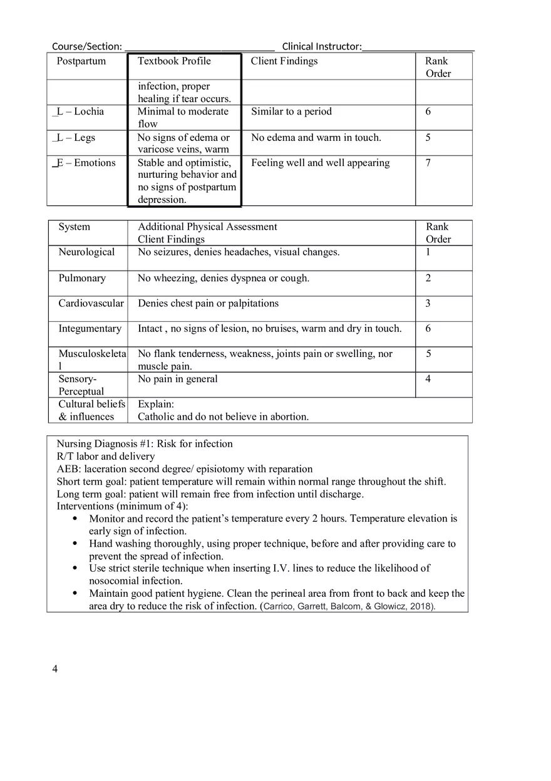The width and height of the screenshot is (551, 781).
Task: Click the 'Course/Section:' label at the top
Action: [86, 46]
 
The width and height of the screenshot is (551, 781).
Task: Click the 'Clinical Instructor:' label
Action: [322, 46]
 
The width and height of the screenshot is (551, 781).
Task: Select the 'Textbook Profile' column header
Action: [174, 61]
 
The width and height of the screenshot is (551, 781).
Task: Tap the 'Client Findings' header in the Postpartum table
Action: [284, 61]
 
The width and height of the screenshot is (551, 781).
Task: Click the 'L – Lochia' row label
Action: [80, 111]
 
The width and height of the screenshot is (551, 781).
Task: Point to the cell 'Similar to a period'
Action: [291, 111]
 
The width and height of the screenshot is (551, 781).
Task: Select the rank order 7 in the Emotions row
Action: [428, 163]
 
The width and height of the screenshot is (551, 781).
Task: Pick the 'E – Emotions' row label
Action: [86, 163]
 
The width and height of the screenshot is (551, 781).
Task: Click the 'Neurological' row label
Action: [86, 252]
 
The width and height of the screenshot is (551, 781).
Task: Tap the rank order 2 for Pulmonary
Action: [428, 278]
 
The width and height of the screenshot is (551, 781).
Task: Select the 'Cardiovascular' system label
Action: [91, 303]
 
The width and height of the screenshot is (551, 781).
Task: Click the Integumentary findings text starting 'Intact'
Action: [269, 328]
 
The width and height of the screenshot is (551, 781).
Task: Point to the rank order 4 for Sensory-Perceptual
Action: [428, 379]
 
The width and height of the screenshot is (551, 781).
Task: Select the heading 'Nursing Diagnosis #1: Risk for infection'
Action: [145, 444]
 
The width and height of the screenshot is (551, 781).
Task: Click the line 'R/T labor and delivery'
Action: [106, 457]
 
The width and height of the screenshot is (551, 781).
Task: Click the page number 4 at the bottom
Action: [55, 670]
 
